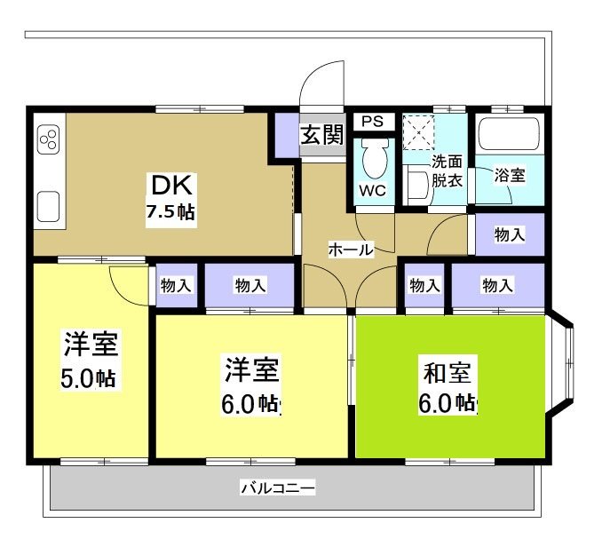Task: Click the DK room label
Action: point(170,186)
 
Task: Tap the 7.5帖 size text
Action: point(170,212)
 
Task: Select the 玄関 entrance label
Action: point(321,135)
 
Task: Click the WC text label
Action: point(372,190)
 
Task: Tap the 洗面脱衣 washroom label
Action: point(447,170)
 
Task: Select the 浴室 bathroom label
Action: point(509,175)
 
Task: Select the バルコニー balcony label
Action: point(277,488)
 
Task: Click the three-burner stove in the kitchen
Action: point(48,140)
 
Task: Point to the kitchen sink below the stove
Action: point(48,207)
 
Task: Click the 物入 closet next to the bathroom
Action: point(508,234)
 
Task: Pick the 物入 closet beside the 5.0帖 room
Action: point(177,285)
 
